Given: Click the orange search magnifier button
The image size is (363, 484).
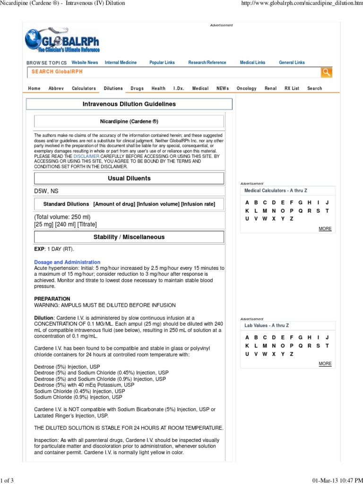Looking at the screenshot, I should pyautogui.click(x=326, y=72).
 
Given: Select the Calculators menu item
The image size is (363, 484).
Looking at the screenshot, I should pyautogui.click(x=84, y=88).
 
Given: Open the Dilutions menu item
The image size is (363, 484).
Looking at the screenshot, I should pyautogui.click(x=113, y=88).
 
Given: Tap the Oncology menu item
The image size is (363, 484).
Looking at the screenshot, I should pyautogui.click(x=246, y=88).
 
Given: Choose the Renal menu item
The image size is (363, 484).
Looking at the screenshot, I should pyautogui.click(x=271, y=88).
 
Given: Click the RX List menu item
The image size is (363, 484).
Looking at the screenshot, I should pyautogui.click(x=292, y=88).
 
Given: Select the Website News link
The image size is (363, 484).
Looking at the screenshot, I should pyautogui.click(x=85, y=62).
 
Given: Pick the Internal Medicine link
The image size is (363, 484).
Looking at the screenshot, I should pyautogui.click(x=121, y=62).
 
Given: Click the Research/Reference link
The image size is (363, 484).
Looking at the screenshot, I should pyautogui.click(x=207, y=62).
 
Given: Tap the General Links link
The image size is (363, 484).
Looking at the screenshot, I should pyautogui.click(x=292, y=62).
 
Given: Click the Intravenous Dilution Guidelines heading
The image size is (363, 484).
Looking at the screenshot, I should pyautogui.click(x=129, y=104).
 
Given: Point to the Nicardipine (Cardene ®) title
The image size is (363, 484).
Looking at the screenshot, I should pyautogui.click(x=129, y=121).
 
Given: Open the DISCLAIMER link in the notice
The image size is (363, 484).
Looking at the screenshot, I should pyautogui.click(x=86, y=156).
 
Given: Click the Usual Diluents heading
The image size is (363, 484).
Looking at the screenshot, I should pyautogui.click(x=129, y=178).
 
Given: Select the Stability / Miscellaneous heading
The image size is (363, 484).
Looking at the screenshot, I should pyautogui.click(x=129, y=237).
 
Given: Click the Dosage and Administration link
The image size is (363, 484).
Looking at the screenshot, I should pyautogui.click(x=67, y=262).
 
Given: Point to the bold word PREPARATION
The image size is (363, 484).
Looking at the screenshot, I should pyautogui.click(x=52, y=299).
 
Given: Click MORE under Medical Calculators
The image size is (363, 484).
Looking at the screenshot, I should pyautogui.click(x=325, y=229).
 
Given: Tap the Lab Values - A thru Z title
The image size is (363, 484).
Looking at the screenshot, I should pyautogui.click(x=267, y=326).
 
